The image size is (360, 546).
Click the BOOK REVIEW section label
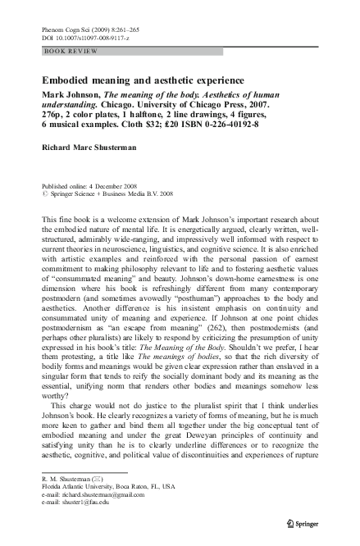[71, 52]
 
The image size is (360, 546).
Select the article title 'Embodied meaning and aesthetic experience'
[142, 80]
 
